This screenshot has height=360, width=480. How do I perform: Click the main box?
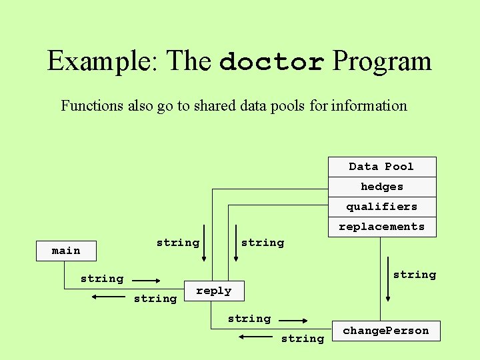point(66,251)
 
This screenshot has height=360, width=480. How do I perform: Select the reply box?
point(213,291)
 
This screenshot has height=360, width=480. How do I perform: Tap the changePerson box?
point(386,331)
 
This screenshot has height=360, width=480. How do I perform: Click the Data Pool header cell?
point(381,167)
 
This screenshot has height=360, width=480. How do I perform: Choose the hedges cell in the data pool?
point(381,187)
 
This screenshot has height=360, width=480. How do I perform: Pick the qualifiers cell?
point(381,207)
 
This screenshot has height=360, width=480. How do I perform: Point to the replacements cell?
point(381,227)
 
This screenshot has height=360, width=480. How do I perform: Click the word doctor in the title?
point(271,62)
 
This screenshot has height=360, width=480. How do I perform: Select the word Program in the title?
point(382,62)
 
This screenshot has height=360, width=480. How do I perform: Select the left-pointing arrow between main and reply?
point(106,296)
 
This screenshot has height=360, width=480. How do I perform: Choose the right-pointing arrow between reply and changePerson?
point(293,321)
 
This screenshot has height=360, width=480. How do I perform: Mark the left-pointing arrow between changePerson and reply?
point(254,337)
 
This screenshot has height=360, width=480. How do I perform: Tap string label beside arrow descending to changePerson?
point(414,275)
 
